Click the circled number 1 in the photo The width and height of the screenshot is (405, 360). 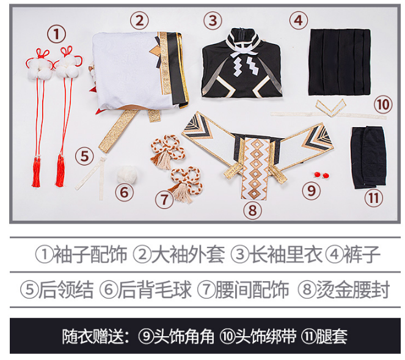coord(56,34)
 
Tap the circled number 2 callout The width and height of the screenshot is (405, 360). coord(140,20)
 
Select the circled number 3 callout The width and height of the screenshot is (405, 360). coord(212,20)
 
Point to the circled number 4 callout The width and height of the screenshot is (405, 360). coord(297,20)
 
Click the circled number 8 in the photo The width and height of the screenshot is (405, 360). coord(252,210)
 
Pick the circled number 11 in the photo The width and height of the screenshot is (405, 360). coord(373,197)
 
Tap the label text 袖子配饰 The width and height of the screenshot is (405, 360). coord(90,254)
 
